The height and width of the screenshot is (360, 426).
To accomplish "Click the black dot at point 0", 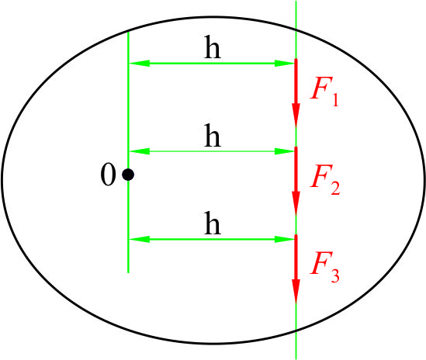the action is pos(128,175).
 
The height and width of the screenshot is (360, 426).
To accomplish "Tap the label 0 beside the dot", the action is pos(108,175).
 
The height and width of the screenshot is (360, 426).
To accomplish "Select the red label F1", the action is pos(324,92).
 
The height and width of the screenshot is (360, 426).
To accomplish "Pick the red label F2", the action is pos(325,179).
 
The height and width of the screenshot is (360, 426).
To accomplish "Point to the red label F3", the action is pos(324,267).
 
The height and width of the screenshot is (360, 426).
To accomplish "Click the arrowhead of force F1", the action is pos(296,115).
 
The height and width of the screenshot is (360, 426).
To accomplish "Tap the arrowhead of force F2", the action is pos(296,203).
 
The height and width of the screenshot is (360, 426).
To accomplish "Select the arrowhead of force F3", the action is pos(296,291).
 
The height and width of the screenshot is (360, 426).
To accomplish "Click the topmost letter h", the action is pos(213,47).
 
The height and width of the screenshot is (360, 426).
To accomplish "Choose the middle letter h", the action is pos(213,135).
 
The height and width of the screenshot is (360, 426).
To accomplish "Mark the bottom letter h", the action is pos(213,223).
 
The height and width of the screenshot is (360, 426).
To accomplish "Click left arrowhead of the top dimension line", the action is pos(139,64).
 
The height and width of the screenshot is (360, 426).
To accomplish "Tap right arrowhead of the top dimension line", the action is pos(285,64).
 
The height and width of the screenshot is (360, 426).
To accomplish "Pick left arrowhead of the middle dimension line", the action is pos(139,151).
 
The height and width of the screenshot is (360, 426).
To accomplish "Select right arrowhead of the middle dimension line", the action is pos(285,151).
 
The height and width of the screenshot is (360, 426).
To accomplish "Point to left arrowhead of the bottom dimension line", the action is pos(139,240).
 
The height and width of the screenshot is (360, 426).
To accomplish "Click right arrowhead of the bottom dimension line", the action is pos(285,240).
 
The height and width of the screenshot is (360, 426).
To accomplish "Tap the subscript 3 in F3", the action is pos(334,275).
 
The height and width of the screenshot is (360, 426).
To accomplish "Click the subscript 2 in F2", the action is pos(335,188).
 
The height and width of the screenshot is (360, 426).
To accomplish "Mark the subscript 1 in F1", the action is pos(335,99).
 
